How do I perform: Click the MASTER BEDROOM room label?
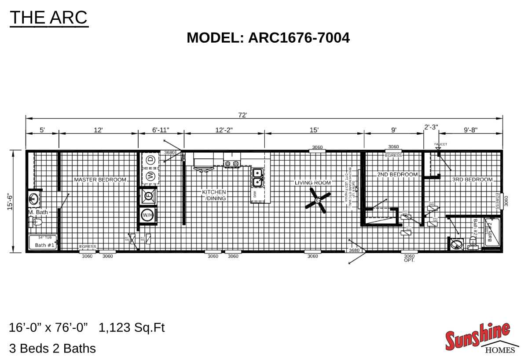pos(100,180)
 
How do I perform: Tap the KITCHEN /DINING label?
pos(214,195)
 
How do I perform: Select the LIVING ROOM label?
pos(312,183)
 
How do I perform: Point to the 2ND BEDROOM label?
pos(397,175)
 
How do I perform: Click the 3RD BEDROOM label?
pos(472,180)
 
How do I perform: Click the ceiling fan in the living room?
pos(318,200)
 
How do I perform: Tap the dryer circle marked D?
pos(150,160)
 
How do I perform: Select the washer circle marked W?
pos(150,176)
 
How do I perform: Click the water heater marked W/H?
pos(147,215)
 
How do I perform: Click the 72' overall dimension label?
pos(242,115)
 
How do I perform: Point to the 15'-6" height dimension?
pos(10,202)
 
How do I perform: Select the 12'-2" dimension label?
pos(224,130)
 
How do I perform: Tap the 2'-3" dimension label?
pos(431,127)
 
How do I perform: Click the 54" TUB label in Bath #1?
pos(45,238)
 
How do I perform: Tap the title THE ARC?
pos(49,18)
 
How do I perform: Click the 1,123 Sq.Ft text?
pos(132,328)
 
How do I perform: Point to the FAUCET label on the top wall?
pos(440,144)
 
